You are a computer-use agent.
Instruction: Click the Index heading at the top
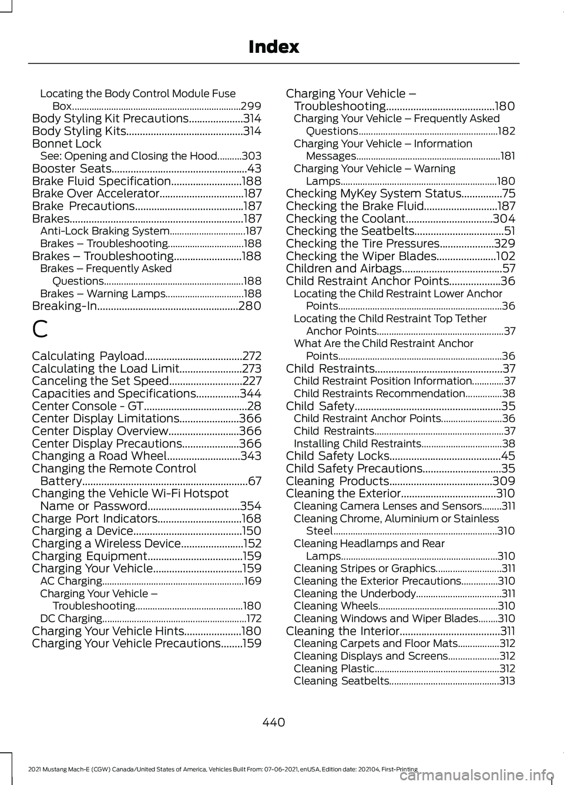[273, 47]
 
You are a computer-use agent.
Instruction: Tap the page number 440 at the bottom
[273, 722]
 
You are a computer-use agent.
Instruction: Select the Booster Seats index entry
[72, 169]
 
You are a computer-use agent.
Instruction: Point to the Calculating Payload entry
[88, 356]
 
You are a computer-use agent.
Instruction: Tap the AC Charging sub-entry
[71, 581]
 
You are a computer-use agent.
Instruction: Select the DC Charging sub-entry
[71, 618]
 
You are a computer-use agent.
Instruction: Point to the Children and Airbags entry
[344, 268]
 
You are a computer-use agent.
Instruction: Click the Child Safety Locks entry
[338, 456]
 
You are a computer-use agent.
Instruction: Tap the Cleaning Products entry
[338, 481]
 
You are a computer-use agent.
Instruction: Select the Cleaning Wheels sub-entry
[335, 606]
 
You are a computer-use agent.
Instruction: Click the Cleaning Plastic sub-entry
[334, 668]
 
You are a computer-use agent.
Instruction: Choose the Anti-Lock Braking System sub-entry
[105, 231]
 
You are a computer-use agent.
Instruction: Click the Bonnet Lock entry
[66, 144]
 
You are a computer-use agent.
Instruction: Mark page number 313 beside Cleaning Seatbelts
[507, 681]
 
